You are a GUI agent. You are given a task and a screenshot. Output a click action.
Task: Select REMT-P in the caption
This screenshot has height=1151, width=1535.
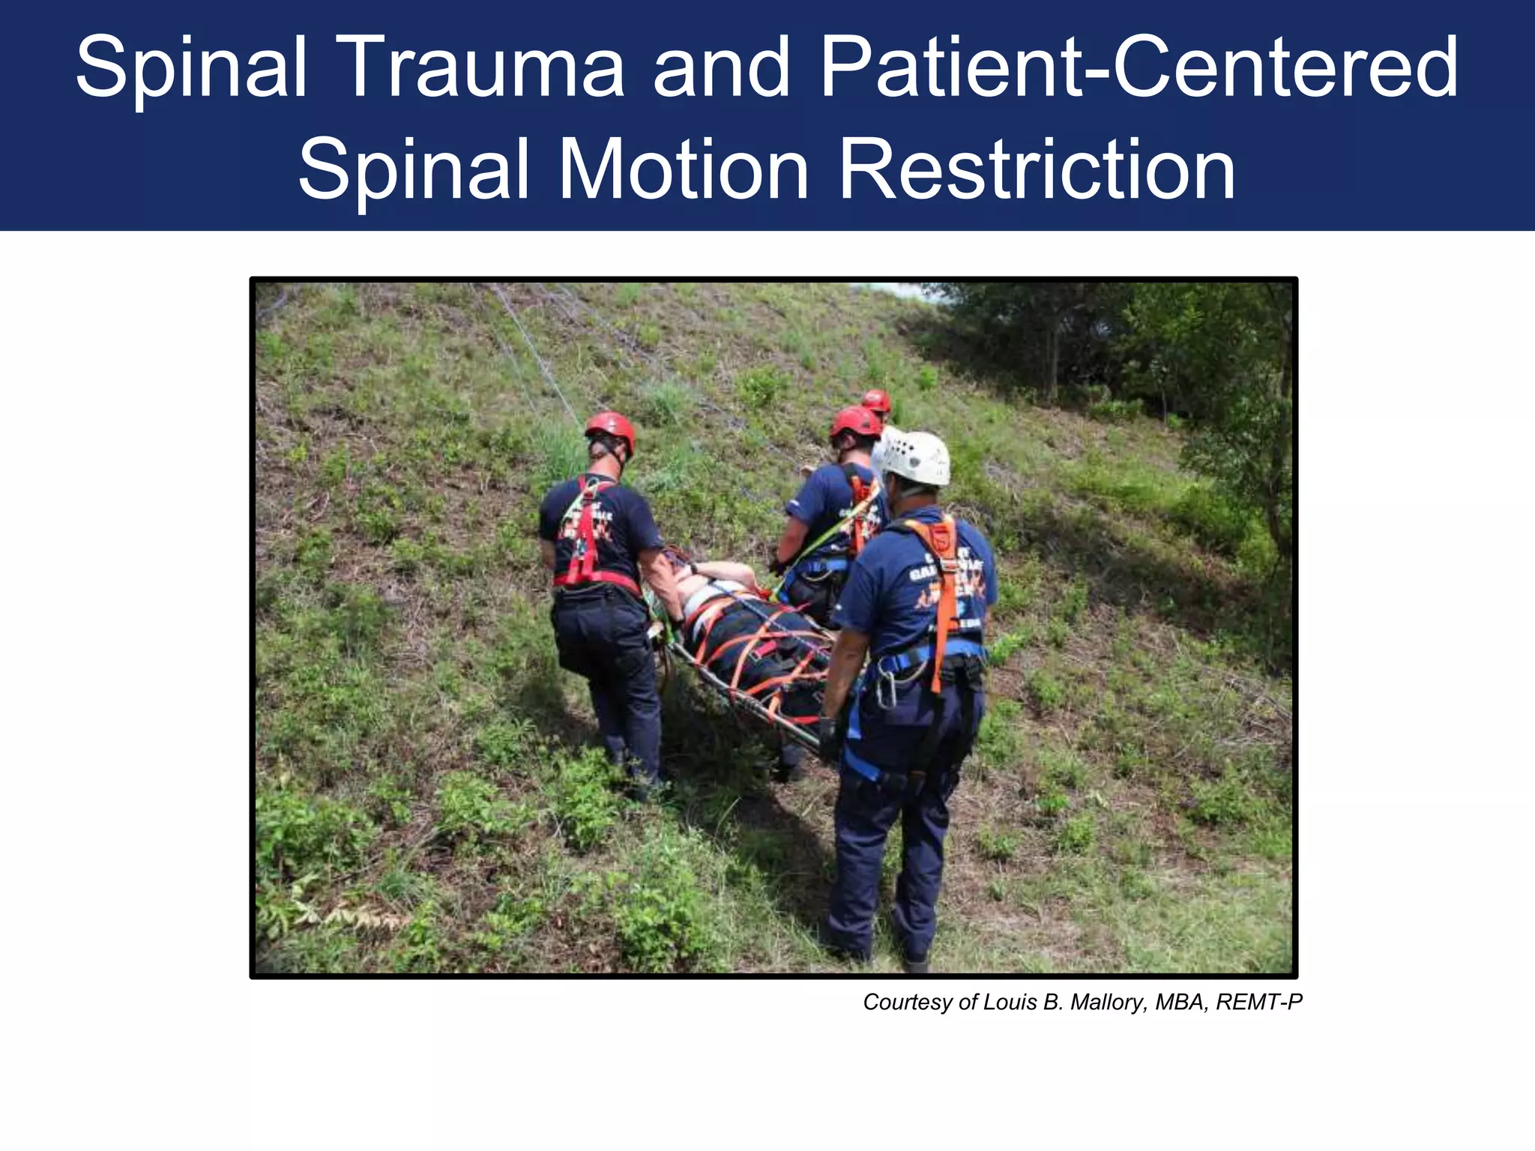[x=1259, y=1002]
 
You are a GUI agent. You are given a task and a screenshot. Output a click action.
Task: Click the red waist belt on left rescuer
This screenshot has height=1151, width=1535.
[x=596, y=579]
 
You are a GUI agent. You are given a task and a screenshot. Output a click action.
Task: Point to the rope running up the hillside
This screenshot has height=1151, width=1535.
[x=536, y=352]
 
